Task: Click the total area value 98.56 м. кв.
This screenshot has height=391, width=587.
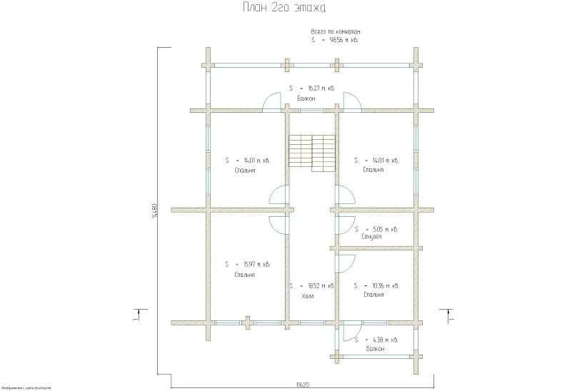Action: coord(342,40)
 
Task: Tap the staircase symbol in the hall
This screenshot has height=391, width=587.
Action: coord(312,151)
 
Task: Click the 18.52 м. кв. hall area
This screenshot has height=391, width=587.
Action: coord(318,285)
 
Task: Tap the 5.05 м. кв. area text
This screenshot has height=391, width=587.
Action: coord(382,229)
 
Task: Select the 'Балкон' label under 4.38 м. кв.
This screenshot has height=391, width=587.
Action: coord(373,349)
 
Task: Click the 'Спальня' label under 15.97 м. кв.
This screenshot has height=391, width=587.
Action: coord(244,274)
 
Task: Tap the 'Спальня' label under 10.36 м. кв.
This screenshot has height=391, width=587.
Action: coord(373,294)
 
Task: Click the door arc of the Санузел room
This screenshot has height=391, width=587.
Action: coord(348,225)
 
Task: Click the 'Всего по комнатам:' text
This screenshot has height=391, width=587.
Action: coord(336,32)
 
